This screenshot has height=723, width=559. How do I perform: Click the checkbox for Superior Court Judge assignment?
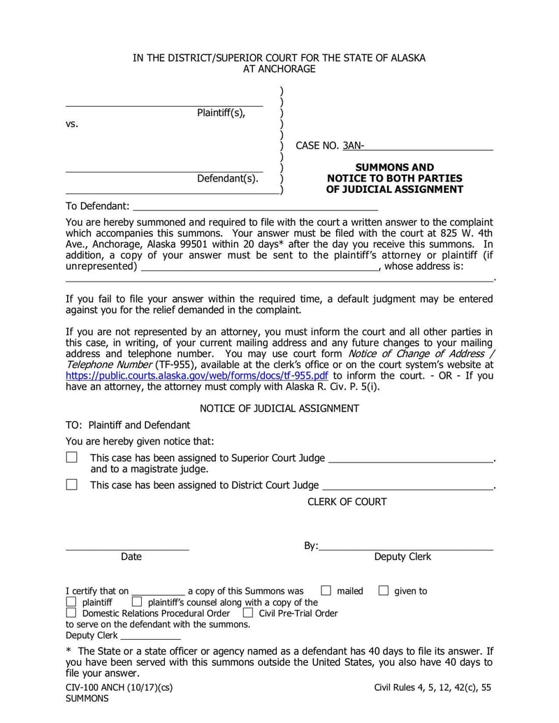point(71,458)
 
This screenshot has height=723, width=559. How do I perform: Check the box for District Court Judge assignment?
point(71,484)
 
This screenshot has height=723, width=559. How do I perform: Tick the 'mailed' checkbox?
point(326,590)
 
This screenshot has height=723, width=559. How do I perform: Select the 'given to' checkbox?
point(383,590)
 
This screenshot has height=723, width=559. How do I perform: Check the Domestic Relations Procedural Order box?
point(71,613)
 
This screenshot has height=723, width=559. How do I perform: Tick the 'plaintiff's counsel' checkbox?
point(137,601)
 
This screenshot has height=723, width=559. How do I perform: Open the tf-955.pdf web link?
point(196,374)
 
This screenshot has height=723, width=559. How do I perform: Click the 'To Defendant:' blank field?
point(255,205)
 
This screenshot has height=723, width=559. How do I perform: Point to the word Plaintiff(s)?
point(221,112)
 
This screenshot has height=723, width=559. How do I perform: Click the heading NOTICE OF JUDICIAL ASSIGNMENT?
point(279,408)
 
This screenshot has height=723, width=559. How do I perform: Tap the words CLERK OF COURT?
point(347,501)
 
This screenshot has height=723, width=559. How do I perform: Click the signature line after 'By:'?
point(406,546)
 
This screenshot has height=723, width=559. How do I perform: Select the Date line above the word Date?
point(127,546)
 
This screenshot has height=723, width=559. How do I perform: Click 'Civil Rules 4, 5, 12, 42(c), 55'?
point(433,687)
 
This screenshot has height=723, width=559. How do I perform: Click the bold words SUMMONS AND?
point(394,167)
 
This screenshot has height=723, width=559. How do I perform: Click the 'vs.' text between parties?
point(72,124)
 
